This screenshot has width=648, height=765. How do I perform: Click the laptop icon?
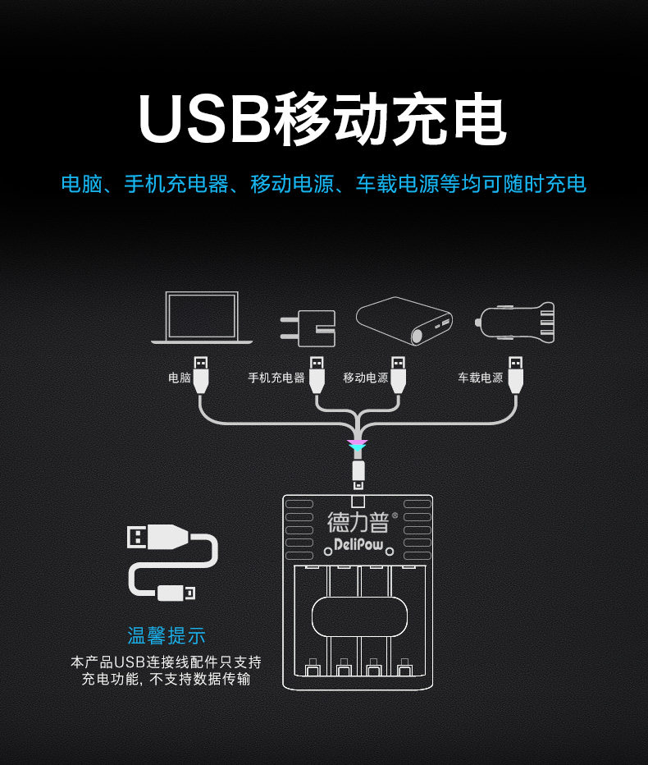(202, 318)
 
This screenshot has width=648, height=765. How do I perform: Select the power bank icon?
(404, 321)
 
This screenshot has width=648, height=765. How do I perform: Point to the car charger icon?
(516, 322)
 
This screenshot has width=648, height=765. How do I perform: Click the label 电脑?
(180, 378)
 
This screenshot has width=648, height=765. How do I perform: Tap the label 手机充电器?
(276, 378)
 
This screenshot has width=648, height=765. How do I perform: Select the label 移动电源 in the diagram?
(366, 378)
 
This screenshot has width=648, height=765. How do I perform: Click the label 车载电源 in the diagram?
(481, 378)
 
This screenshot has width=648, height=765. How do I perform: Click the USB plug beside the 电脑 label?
(202, 373)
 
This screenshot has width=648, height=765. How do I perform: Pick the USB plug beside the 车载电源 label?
(515, 373)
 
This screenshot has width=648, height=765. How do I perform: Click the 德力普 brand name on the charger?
(358, 522)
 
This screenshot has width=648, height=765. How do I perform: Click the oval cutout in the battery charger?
(359, 615)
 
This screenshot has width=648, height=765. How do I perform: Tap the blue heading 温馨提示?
(167, 635)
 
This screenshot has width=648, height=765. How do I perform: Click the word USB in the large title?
(203, 120)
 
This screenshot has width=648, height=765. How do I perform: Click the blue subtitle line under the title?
(324, 183)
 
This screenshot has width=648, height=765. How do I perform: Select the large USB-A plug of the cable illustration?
(159, 538)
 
